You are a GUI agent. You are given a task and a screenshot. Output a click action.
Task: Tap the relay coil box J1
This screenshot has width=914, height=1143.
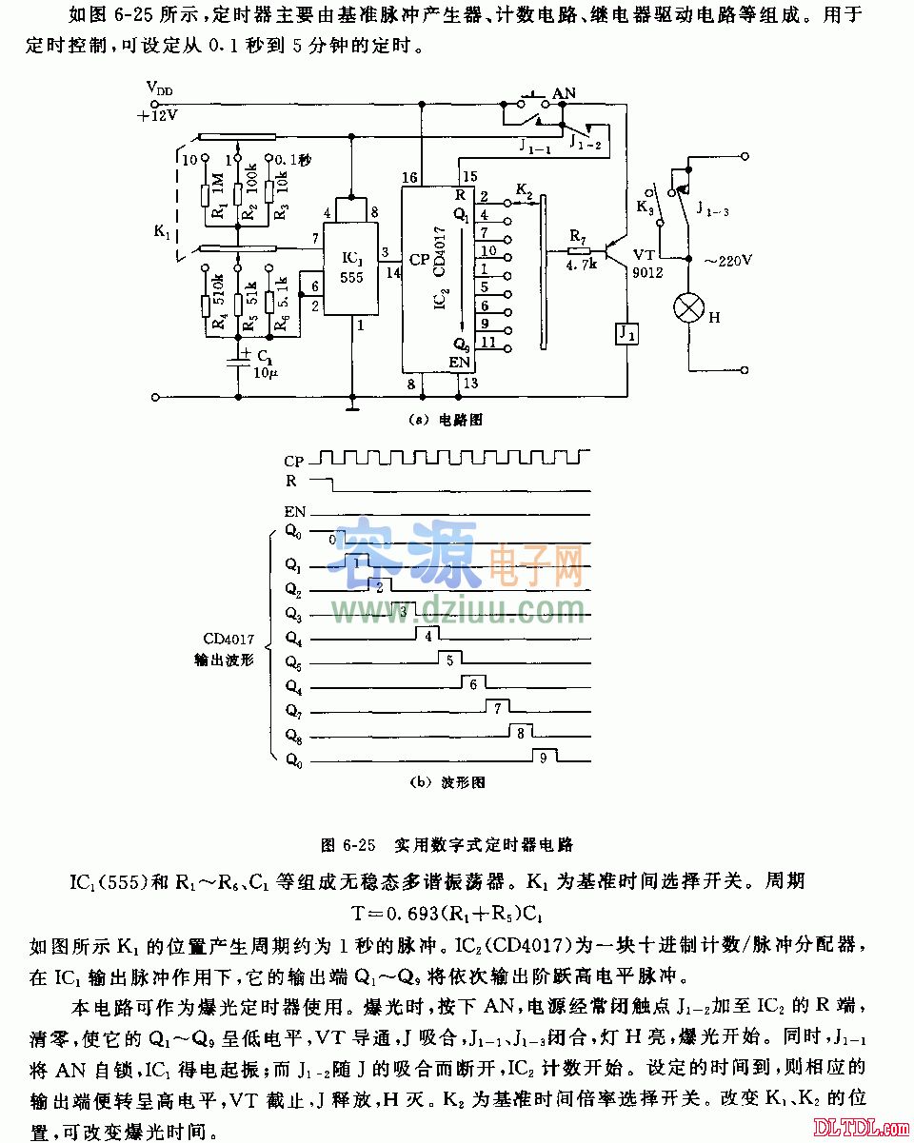[x=626, y=335]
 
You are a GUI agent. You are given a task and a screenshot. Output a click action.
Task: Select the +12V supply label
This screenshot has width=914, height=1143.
[x=157, y=114]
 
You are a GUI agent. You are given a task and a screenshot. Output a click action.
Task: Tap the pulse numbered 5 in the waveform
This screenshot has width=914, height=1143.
[x=449, y=659]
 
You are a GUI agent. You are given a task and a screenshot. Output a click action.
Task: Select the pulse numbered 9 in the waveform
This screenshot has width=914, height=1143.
[x=543, y=758]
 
